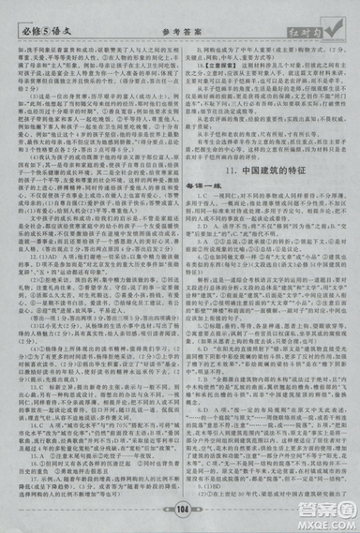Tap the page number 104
coord(181,510)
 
